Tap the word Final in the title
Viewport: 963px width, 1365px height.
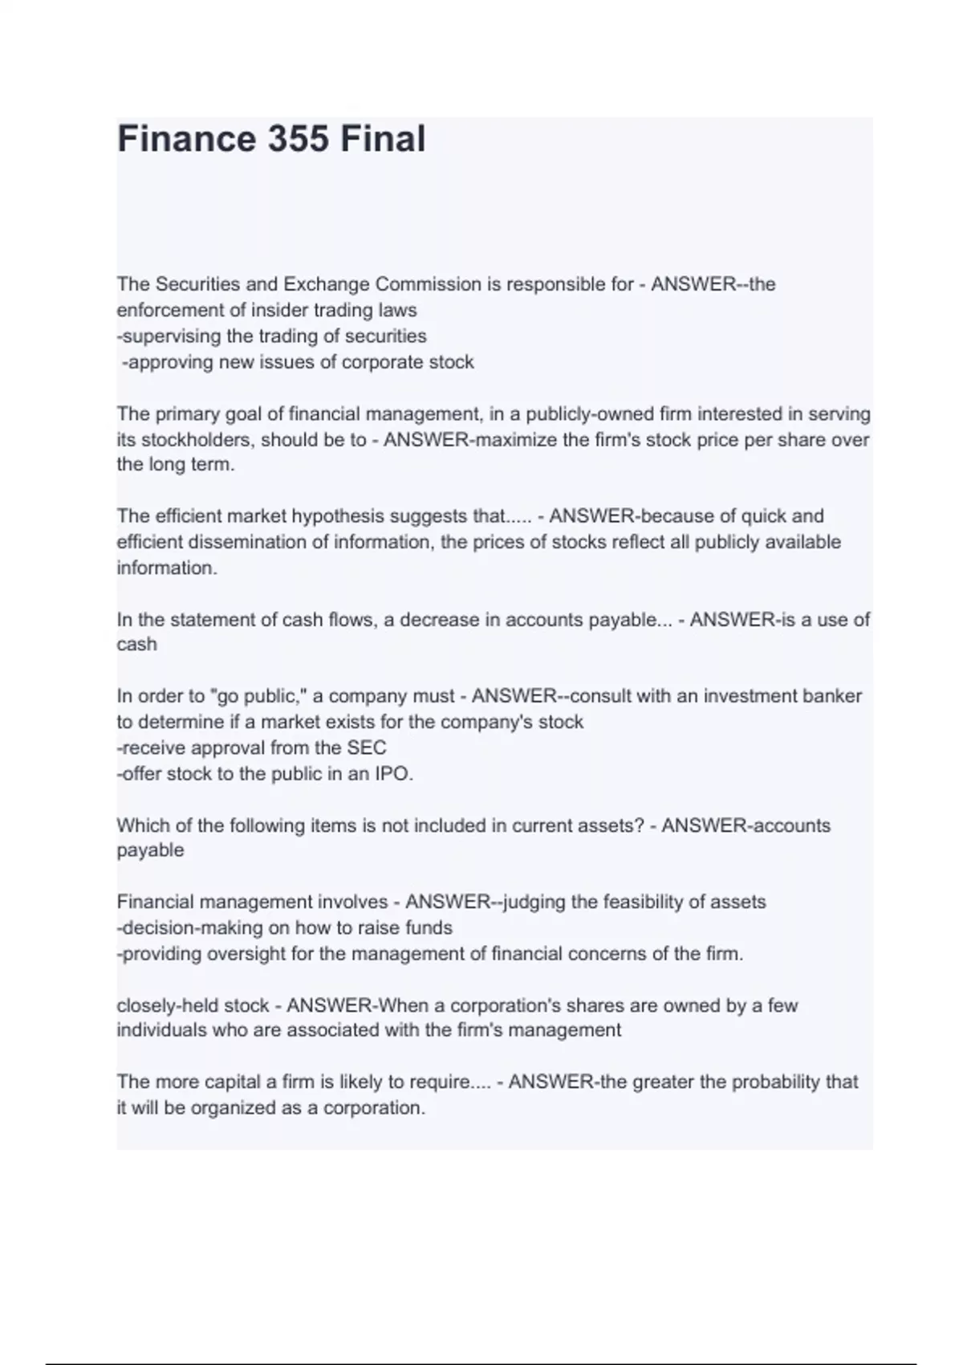382,139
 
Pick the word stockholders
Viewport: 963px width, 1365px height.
197,440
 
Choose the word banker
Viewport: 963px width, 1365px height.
834,695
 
